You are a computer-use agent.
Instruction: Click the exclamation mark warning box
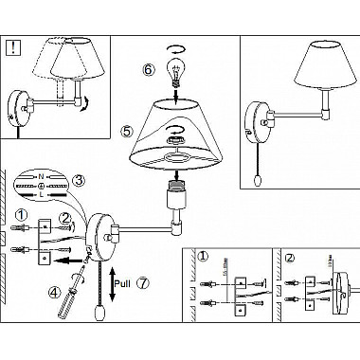pos(15,48)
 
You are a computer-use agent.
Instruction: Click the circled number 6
pos(148,69)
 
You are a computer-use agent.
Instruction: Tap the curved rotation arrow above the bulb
pos(175,47)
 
